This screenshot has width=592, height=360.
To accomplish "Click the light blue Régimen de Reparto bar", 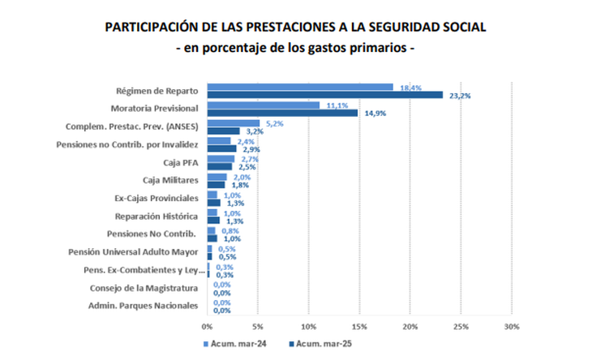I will point(300,87).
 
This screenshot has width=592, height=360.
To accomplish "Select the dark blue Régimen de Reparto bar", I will point(324,95).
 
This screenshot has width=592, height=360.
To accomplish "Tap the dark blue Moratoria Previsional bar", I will point(282,113).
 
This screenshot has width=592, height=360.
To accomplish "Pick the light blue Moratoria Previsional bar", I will point(263,105).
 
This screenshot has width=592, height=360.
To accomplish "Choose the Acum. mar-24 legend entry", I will point(236,344).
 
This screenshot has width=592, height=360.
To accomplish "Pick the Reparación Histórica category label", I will point(157,216).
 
